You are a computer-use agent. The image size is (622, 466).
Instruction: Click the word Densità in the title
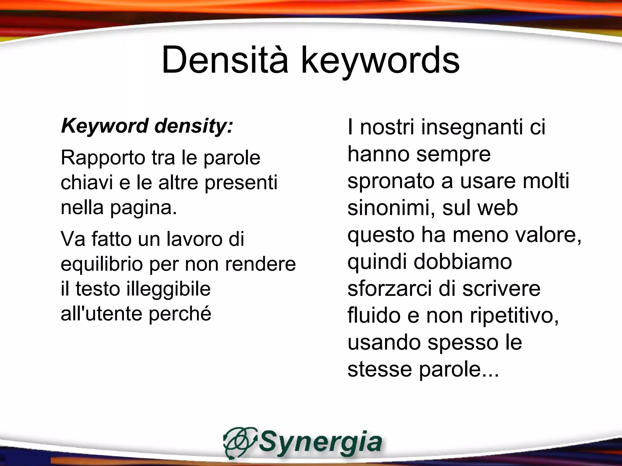coord(225,60)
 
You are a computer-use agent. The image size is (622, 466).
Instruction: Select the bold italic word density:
coord(194,126)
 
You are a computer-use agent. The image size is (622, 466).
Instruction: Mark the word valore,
coord(549,235)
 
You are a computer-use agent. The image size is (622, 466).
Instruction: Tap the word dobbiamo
coord(463,262)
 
